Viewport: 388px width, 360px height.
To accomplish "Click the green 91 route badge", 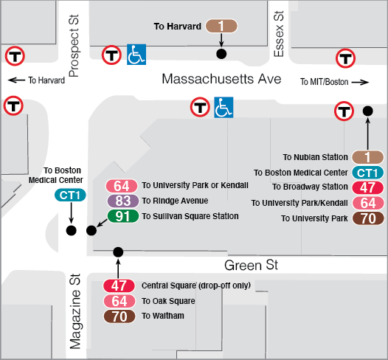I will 122,216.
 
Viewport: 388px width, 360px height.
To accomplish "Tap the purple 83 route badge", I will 122,201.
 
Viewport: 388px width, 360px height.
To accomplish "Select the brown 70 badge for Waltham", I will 119,316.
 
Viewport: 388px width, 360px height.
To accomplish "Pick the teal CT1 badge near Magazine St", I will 72,195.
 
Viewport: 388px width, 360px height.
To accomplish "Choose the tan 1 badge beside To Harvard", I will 221,27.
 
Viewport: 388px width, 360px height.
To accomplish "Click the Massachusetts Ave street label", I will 221,78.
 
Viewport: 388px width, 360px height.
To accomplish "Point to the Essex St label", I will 279,33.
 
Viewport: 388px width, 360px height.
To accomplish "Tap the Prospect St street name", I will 73,45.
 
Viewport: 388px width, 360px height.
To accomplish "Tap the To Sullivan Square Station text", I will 190,216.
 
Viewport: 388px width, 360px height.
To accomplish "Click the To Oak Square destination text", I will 168,301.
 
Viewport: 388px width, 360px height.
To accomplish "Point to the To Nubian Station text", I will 315,157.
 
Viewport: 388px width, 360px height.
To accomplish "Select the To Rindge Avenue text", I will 176,201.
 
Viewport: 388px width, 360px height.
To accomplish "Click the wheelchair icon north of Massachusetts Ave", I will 136,54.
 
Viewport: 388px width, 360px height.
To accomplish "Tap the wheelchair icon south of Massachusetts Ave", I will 224,108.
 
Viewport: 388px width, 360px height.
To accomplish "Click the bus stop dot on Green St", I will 118,252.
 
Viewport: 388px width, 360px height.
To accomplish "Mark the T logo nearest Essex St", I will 344,58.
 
